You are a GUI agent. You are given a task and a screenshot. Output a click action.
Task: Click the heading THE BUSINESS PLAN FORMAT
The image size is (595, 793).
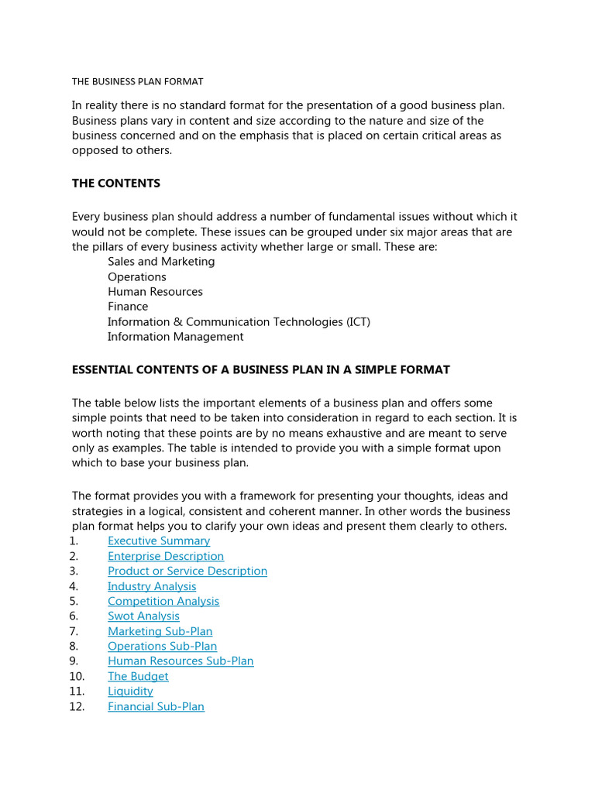point(137,81)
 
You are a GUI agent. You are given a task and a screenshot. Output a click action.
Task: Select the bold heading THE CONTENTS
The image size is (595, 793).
point(116,184)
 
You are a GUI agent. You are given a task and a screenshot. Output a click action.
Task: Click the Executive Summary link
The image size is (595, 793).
point(159,541)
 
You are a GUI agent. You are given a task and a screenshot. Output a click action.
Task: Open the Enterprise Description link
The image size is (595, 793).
point(166,556)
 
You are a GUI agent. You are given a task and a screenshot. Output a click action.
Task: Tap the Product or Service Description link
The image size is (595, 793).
point(187,572)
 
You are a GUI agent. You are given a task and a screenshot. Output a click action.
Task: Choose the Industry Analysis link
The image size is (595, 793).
point(152,586)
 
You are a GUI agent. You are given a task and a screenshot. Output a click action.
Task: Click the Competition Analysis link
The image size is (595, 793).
point(163,602)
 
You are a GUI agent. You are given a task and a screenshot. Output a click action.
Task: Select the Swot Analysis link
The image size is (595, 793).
point(143,616)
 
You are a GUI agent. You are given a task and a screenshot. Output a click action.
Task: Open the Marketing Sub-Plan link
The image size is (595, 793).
point(160,632)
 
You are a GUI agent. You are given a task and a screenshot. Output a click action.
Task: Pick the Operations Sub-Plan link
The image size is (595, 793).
point(162,647)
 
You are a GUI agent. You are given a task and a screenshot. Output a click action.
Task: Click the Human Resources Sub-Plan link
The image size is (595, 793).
point(181,661)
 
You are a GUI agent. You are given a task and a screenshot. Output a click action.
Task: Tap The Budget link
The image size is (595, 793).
point(138,677)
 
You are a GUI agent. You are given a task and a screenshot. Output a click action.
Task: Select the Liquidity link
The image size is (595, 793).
point(130,692)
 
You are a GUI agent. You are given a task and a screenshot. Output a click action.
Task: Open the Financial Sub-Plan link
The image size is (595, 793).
point(156,707)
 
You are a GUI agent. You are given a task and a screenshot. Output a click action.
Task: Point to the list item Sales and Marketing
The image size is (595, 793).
point(161,262)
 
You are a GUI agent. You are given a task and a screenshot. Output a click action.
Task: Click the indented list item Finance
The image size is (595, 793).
point(128,307)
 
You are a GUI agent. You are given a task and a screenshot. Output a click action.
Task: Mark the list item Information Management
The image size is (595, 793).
point(175,337)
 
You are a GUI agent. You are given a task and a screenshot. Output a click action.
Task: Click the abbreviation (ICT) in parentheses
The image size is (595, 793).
point(355,322)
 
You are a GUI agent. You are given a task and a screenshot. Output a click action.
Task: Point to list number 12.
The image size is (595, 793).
point(77,707)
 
